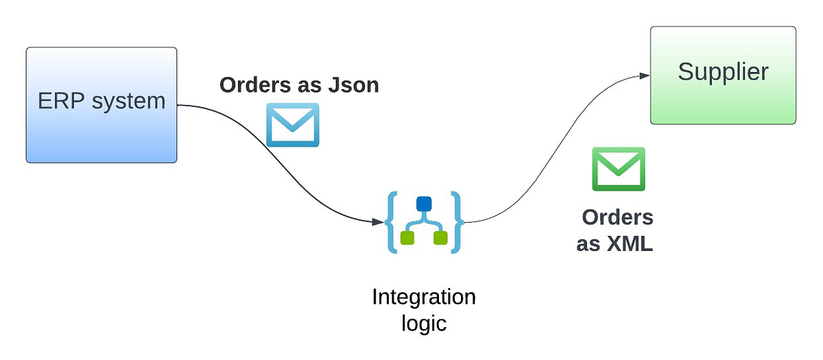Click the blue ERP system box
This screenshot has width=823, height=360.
coord(102,130)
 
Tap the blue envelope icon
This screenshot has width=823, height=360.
coord(293,125)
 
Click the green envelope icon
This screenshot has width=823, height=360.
coord(619,169)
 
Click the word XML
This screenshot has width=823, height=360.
coord(629,244)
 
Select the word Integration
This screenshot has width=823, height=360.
coord(423,298)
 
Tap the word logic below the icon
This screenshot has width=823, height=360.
coord(423,323)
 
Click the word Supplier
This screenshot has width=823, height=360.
coord(723,72)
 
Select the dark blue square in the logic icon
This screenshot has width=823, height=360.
coord(423,204)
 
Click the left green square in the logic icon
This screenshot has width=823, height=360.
coord(406,238)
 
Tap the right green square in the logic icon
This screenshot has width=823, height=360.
coord(440,238)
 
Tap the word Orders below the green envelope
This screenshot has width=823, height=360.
coord(617,217)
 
